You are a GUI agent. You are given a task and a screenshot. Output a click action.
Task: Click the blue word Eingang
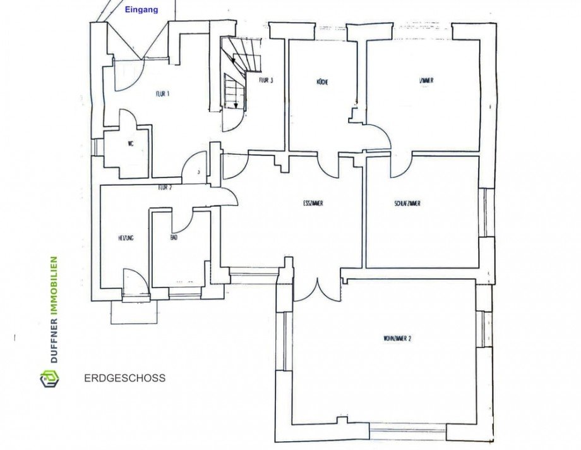pyautogui.click(x=141, y=10)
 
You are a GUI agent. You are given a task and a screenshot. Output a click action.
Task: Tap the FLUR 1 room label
pyautogui.click(x=163, y=94)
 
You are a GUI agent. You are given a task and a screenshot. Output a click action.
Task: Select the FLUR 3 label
pyautogui.click(x=266, y=80)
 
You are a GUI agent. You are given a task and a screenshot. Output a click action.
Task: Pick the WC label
pyautogui.click(x=131, y=144)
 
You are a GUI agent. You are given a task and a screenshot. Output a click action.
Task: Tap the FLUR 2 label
pyautogui.click(x=165, y=187)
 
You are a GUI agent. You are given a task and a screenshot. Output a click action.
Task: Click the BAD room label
pyautogui.click(x=174, y=238)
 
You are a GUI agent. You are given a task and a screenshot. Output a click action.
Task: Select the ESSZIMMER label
pyautogui.click(x=313, y=204)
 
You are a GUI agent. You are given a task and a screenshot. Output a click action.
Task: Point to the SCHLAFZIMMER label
pyautogui.click(x=407, y=204)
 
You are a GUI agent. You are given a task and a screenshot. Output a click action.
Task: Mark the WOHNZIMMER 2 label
pyautogui.click(x=397, y=339)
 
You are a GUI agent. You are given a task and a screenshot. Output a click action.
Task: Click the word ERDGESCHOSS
pyautogui.click(x=124, y=379)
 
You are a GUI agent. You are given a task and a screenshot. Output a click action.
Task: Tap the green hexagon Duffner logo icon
pyautogui.click(x=49, y=379)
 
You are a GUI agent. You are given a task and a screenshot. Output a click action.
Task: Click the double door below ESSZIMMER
pyautogui.click(x=317, y=288)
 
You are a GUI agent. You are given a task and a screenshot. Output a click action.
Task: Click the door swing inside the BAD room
pyautogui.click(x=184, y=221)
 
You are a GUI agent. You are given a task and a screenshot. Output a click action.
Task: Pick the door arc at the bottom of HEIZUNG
pyautogui.click(x=134, y=279)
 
